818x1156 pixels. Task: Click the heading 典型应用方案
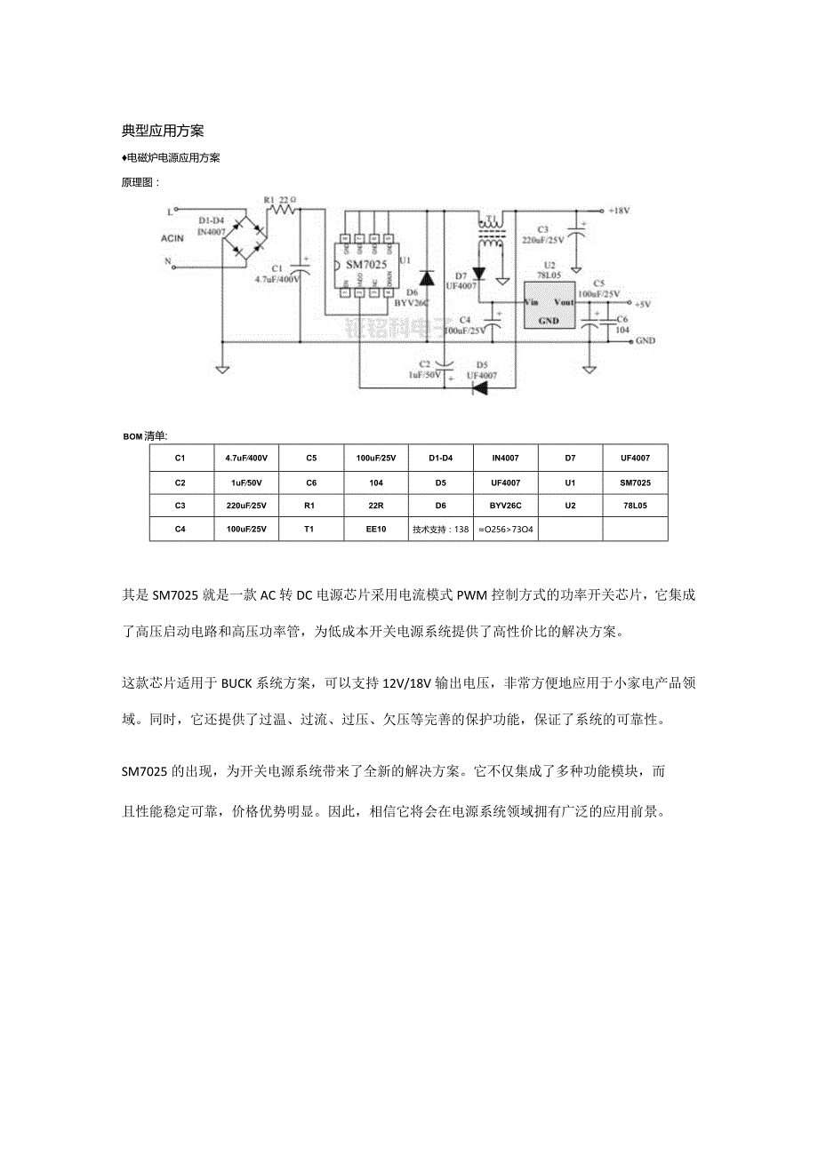(163, 131)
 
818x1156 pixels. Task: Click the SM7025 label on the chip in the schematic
(365, 265)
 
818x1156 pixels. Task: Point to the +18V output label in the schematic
(620, 211)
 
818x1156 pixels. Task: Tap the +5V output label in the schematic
(641, 304)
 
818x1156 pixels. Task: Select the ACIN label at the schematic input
(172, 238)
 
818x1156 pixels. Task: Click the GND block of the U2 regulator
(549, 320)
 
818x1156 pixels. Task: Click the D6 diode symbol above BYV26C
(426, 277)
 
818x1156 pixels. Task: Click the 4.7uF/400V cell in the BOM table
(246, 458)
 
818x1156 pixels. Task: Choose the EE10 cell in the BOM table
(376, 529)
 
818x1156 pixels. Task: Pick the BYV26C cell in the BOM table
(506, 506)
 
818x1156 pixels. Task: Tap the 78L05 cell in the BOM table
(635, 506)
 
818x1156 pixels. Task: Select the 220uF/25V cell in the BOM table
(246, 506)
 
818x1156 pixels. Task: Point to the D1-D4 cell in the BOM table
(441, 458)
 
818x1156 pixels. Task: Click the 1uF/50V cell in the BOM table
(246, 482)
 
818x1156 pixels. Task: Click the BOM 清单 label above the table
(145, 436)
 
